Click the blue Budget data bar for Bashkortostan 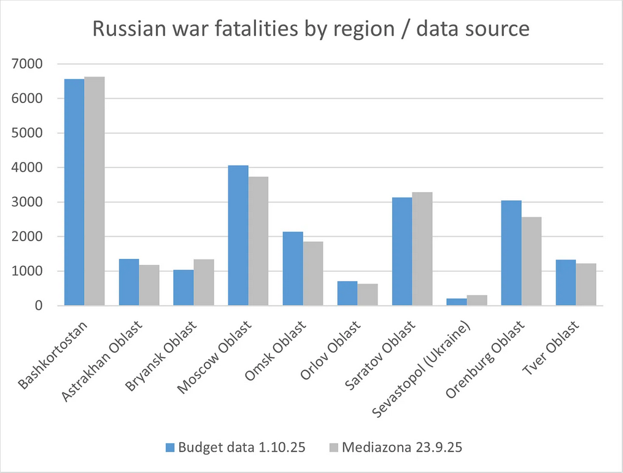(x=74, y=192)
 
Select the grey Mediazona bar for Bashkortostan (x=95, y=191)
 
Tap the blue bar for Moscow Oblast (x=238, y=236)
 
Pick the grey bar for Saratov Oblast (x=422, y=248)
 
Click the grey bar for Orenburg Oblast (x=532, y=261)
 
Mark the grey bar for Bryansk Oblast (x=204, y=282)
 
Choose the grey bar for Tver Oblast (x=586, y=284)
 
